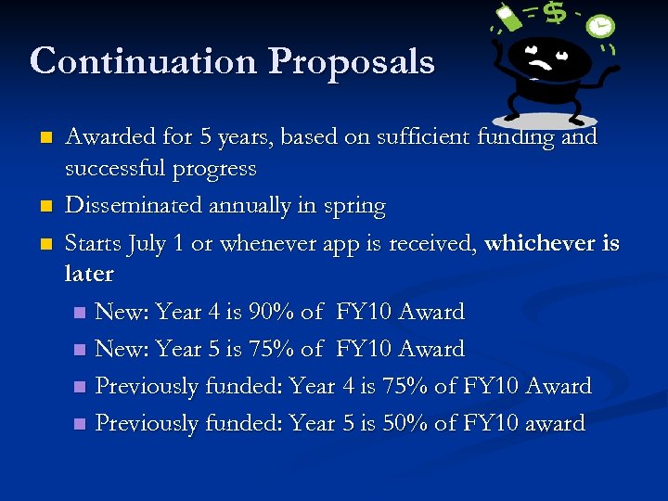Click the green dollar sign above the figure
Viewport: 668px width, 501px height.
point(555,13)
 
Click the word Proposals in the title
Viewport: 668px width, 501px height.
point(352,61)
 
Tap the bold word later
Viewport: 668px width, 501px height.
point(89,275)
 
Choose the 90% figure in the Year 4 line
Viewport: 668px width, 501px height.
point(274,312)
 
